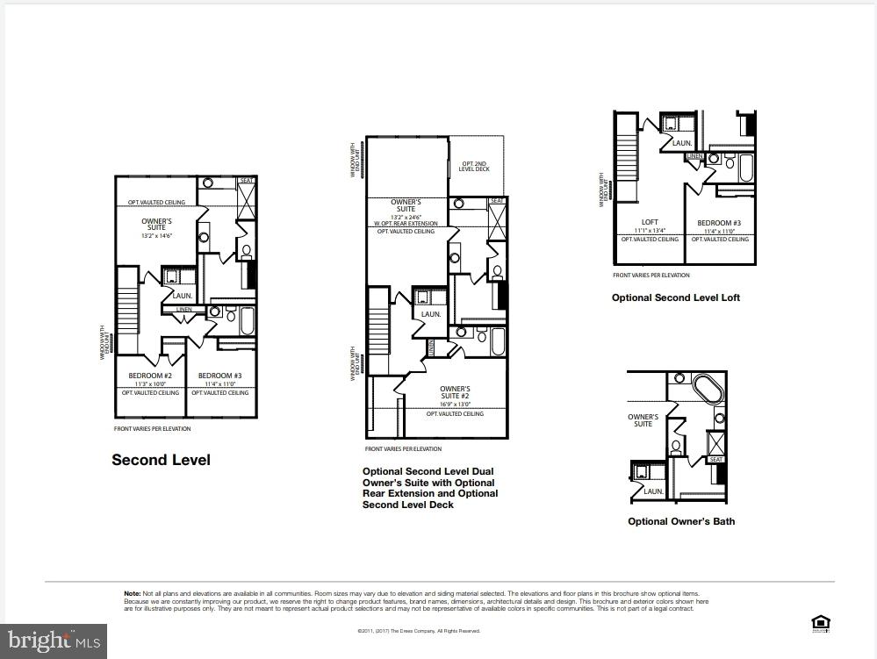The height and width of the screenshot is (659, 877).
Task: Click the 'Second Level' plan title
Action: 161,460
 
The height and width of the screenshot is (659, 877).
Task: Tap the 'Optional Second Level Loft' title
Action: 675,297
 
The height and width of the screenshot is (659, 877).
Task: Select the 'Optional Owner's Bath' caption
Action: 681,521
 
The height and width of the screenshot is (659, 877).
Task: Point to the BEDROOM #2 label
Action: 150,376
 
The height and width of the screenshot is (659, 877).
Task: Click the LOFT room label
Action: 650,222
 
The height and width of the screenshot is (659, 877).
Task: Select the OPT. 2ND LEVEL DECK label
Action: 475,167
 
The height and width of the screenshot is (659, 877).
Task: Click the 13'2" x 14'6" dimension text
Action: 157,236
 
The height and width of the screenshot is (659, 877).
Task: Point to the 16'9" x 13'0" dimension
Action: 455,405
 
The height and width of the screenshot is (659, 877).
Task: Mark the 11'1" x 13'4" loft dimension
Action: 650,231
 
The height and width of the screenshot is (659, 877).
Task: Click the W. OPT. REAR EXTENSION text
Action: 406,223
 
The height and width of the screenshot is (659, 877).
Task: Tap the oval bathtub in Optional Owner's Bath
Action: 706,388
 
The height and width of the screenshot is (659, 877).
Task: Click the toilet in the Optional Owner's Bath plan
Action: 677,446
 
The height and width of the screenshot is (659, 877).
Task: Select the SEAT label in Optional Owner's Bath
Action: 716,460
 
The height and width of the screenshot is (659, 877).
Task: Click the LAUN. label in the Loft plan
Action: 682,142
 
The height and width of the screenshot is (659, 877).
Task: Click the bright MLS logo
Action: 54,641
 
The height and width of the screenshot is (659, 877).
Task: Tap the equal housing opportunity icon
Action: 821,624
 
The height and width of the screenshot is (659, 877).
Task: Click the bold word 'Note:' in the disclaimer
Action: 133,594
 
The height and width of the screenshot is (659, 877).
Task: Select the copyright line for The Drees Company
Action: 419,631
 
